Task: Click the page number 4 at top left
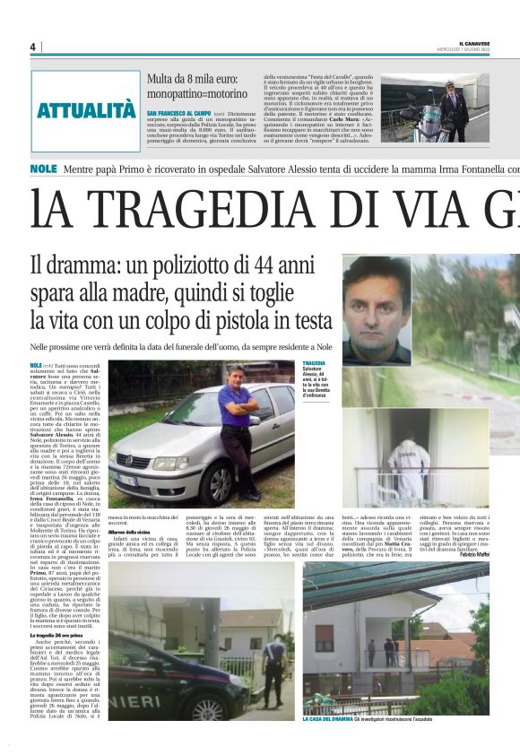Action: point(32,47)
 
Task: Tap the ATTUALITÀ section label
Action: point(86,112)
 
